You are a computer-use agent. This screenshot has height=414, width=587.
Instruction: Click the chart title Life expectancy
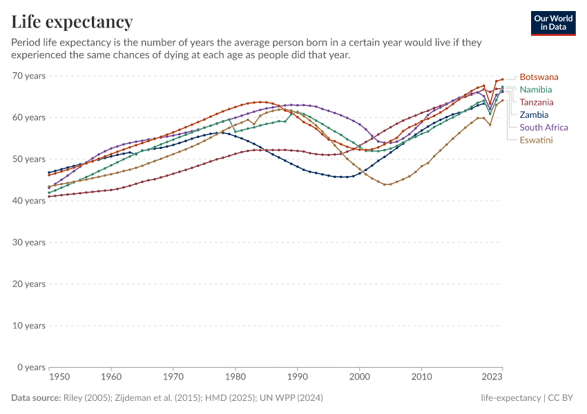click(72, 21)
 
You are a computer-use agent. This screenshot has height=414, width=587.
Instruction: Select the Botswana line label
click(539, 77)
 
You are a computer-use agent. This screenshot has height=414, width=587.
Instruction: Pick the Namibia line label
click(536, 90)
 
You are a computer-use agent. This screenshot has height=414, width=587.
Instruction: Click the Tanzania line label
click(536, 102)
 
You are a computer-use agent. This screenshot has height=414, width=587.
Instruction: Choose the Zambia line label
click(534, 115)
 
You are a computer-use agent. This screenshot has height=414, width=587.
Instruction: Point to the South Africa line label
click(543, 127)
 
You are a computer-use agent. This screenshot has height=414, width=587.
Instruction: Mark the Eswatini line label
click(537, 140)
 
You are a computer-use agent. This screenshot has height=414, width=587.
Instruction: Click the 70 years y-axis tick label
click(29, 76)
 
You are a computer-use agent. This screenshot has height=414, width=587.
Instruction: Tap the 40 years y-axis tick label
click(29, 201)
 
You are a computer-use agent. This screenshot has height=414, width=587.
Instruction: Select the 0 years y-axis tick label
click(32, 367)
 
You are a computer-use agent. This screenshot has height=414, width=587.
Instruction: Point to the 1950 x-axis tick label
click(59, 377)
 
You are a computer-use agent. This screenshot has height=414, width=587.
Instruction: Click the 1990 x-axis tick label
click(297, 377)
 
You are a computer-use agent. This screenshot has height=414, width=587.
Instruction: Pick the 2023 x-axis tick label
click(492, 377)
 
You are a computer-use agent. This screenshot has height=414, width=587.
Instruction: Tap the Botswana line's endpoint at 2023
click(502, 79)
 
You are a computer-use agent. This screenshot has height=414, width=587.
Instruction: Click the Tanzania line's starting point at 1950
click(49, 197)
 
